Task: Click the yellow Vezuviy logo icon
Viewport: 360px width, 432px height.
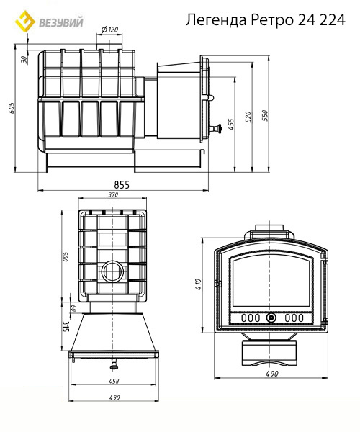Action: tap(25, 21)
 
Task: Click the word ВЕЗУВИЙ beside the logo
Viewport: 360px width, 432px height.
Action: tap(61, 22)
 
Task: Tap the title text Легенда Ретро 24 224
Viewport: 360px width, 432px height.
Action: tap(265, 20)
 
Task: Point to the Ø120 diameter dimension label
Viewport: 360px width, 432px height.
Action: tap(109, 30)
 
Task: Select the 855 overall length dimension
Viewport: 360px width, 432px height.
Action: tap(122, 184)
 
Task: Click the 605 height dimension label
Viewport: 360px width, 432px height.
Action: tap(12, 108)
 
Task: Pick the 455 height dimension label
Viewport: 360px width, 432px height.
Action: tap(231, 125)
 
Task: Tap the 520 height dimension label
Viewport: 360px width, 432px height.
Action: tap(248, 117)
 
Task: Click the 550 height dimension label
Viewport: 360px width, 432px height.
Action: tap(264, 116)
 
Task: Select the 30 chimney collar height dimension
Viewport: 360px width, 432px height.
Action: tap(24, 60)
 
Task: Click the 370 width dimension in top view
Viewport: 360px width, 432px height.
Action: tap(112, 195)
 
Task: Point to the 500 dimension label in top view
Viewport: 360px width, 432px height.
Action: tap(66, 256)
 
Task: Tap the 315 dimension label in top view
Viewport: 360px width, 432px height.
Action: tap(66, 326)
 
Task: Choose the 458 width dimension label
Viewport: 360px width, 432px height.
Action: tap(114, 381)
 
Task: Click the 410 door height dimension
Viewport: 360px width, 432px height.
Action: tap(198, 284)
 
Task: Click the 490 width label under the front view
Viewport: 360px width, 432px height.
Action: tap(272, 374)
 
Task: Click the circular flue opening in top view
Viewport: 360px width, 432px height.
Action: tap(113, 271)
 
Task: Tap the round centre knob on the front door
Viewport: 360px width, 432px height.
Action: tap(271, 318)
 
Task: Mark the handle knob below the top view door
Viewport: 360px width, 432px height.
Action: tap(113, 364)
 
